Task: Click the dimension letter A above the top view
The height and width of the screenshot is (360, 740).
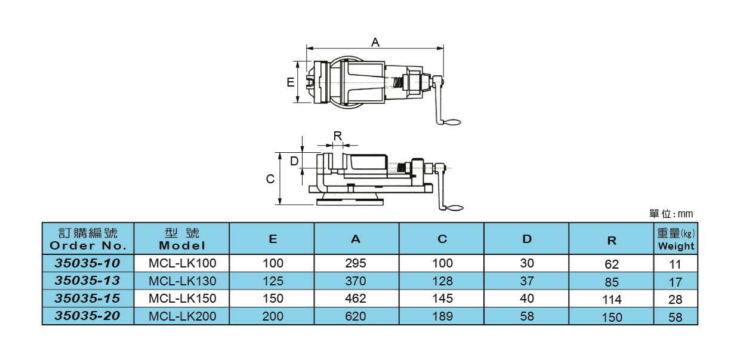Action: [x=375, y=42]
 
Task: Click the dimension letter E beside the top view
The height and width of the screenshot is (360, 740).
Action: [x=290, y=82]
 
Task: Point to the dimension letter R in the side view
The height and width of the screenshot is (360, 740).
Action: [x=338, y=136]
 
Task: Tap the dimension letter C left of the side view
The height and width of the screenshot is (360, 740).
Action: [x=270, y=179]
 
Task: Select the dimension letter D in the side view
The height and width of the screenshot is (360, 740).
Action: [x=294, y=161]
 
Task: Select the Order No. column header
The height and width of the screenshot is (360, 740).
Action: [x=88, y=239]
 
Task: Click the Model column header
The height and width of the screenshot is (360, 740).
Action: [x=182, y=239]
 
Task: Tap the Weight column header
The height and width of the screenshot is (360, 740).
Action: [x=676, y=239]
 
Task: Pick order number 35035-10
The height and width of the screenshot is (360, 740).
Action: [x=88, y=263]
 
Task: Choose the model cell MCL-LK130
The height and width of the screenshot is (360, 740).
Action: [x=182, y=281]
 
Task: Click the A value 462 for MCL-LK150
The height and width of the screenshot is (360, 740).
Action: [x=356, y=299]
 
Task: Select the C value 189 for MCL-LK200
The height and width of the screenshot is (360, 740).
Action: [x=442, y=316]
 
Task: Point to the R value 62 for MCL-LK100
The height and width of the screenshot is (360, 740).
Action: [x=612, y=264]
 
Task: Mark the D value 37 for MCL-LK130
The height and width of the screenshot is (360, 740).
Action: [x=527, y=281]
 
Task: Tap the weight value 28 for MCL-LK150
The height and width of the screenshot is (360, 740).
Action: [x=676, y=300]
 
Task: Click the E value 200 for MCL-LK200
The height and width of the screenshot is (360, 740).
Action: [x=273, y=316]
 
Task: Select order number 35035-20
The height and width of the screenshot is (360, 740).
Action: [x=88, y=316]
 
